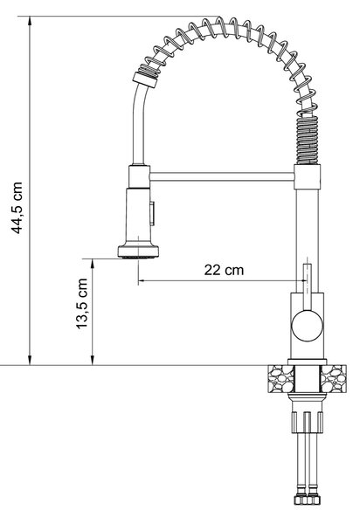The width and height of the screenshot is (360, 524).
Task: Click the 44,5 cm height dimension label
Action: (17, 208)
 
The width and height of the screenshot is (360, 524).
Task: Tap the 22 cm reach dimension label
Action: (224, 270)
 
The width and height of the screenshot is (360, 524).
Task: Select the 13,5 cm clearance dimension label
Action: (81, 303)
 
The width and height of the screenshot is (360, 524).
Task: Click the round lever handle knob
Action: (308, 326)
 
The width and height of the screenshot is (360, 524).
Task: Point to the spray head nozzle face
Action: (138, 257)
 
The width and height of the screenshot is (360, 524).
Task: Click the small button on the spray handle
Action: (152, 213)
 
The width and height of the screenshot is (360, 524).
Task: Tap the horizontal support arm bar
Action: (222, 176)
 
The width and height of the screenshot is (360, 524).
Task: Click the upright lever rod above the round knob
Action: (308, 286)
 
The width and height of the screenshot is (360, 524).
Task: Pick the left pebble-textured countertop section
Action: (280, 379)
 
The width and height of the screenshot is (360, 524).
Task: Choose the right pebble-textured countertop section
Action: (334, 379)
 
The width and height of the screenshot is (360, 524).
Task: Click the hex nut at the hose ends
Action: (308, 500)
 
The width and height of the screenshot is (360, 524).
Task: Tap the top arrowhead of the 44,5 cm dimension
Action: (30, 21)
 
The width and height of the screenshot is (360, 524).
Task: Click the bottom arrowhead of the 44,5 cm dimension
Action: (30, 360)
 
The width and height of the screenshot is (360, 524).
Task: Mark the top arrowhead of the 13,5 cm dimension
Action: (93, 264)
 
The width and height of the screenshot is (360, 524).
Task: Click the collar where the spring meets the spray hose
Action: (145, 80)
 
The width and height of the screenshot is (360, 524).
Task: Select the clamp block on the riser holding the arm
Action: (308, 176)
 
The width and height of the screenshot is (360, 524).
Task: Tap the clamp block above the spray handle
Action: (139, 176)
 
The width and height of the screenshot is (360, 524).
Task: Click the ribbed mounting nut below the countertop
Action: (308, 423)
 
